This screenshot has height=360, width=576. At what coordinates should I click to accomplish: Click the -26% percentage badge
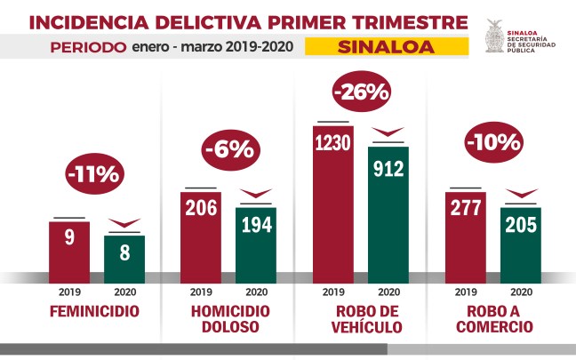pos(362,91)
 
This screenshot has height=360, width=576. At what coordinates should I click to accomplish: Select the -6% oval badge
pos(228,148)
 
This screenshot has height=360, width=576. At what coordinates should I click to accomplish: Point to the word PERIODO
pos(87,46)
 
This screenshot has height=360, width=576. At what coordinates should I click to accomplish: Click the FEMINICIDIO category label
pos(96,312)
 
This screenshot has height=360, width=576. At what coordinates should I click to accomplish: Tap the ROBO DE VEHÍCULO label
pos(361,319)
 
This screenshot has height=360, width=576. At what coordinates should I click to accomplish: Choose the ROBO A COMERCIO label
pos(493,319)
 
